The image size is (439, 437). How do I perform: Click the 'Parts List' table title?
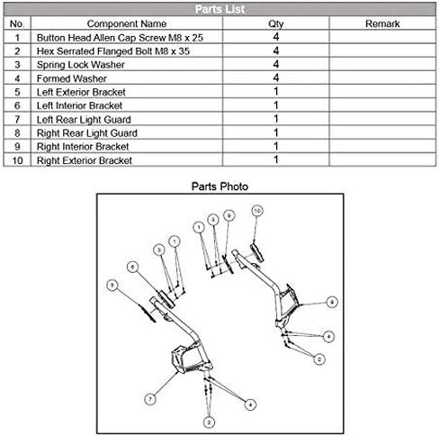[219, 9]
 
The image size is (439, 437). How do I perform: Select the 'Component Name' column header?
[127, 23]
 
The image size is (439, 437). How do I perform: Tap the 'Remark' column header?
[382, 23]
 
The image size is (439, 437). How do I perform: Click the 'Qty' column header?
[276, 24]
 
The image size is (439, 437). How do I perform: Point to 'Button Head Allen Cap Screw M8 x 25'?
[120, 38]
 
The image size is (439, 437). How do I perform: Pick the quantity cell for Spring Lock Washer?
[276, 64]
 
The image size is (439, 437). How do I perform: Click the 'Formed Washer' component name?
[72, 78]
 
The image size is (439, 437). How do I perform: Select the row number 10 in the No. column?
[17, 160]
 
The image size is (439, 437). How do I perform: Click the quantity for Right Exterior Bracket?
[276, 159]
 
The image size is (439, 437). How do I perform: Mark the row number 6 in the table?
[17, 105]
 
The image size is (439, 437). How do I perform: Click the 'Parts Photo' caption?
[219, 187]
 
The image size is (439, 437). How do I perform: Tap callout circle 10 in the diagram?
[257, 211]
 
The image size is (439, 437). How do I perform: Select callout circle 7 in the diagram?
[150, 399]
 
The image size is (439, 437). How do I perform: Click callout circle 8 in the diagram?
[332, 302]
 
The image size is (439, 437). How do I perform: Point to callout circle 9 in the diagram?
[229, 215]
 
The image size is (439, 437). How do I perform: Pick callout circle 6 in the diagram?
[132, 267]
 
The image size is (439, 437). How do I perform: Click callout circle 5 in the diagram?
[112, 285]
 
